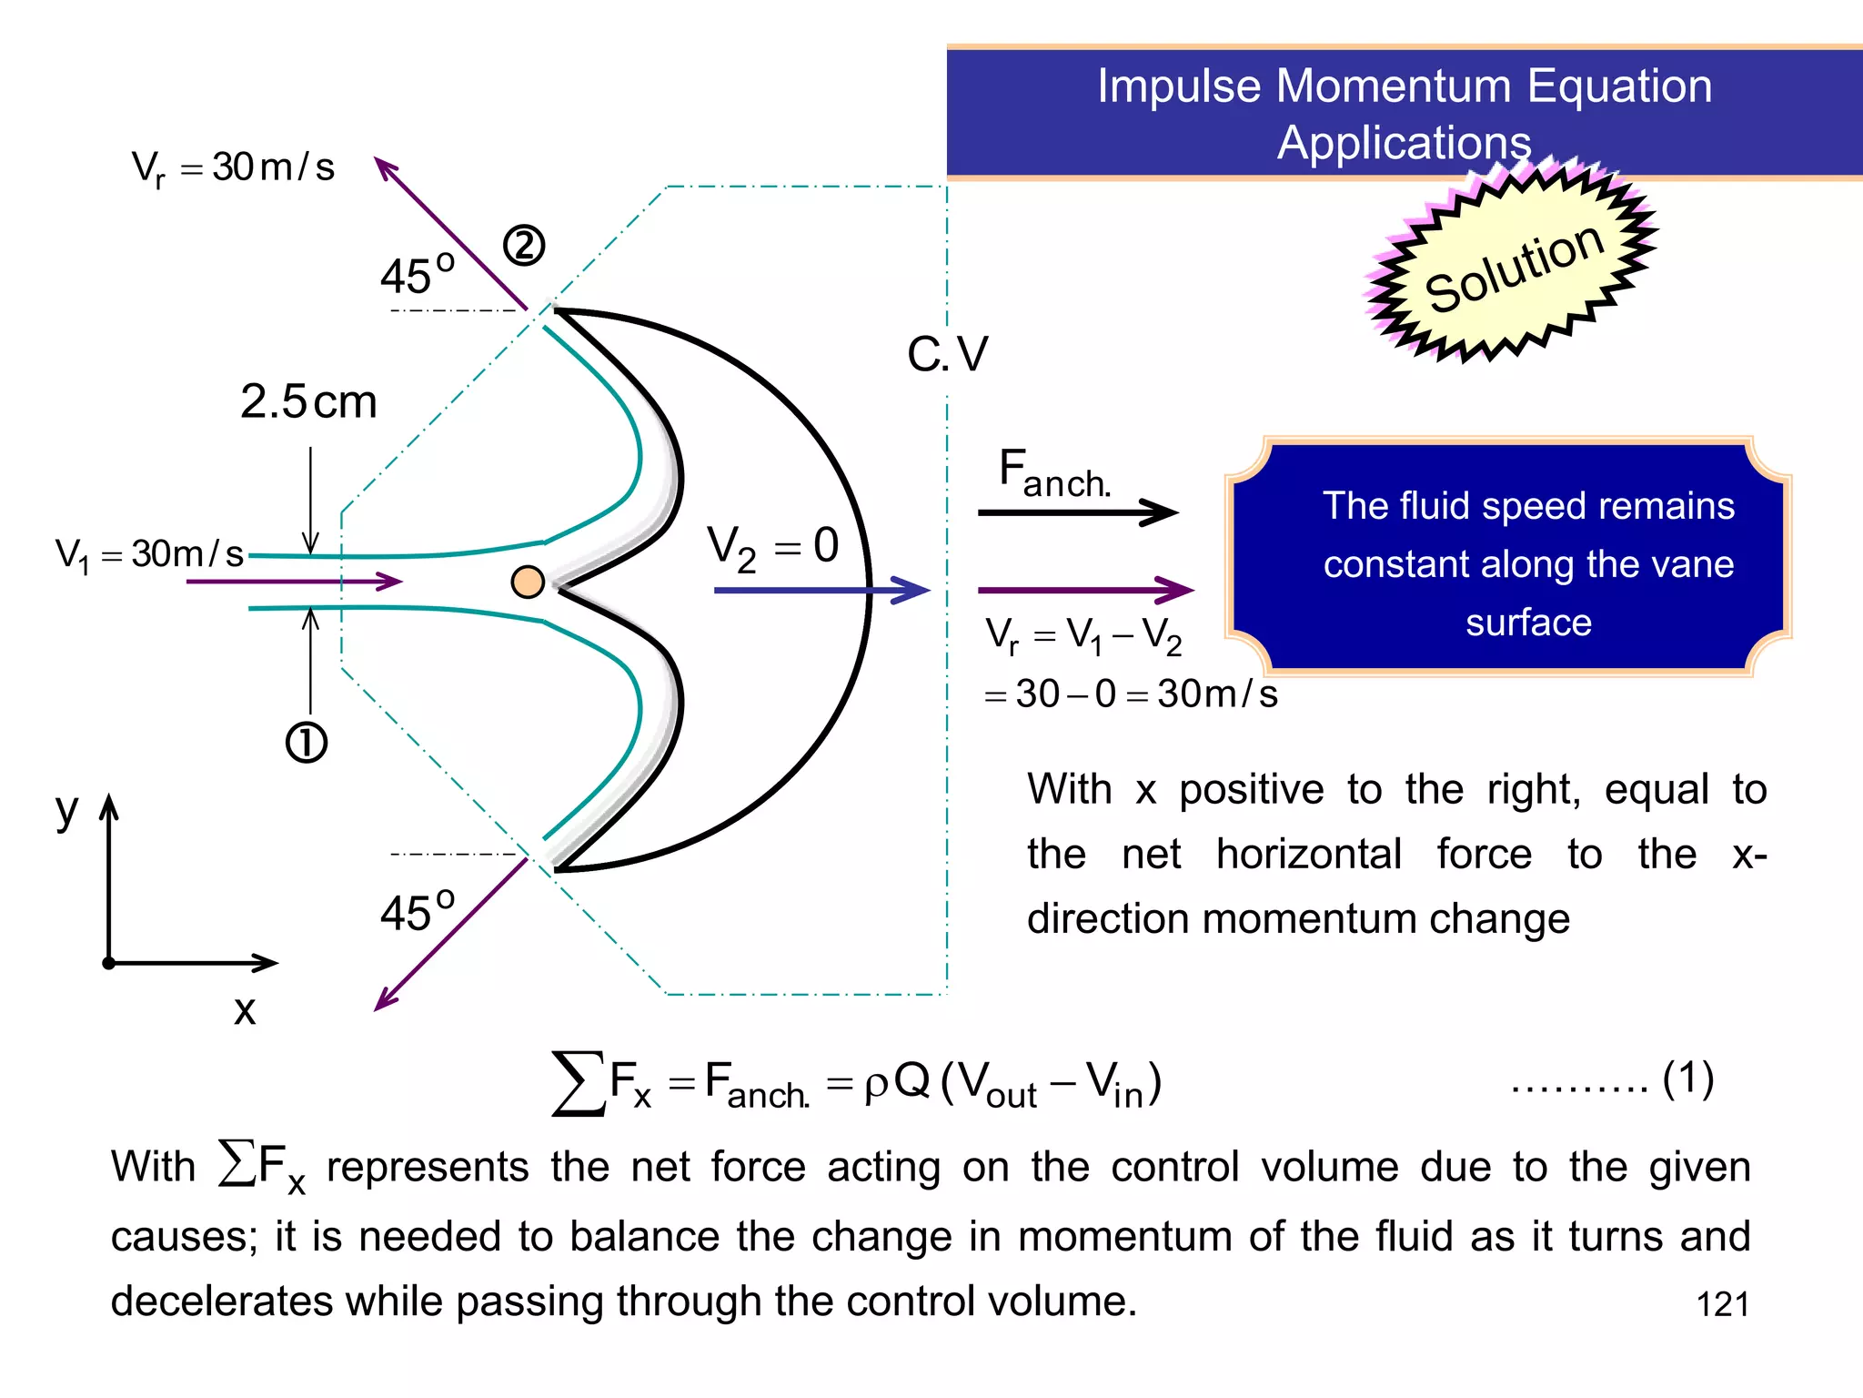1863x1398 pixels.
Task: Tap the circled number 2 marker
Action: pos(524,246)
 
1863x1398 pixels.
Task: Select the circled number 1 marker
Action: pos(307,743)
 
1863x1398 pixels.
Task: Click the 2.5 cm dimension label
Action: pos(308,401)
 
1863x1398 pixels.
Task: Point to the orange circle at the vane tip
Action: pos(528,582)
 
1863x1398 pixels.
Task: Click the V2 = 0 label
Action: pos(773,548)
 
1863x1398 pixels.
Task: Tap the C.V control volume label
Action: pos(947,354)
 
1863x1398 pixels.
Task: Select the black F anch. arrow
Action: pos(1078,512)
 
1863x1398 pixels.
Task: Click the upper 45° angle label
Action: pos(418,274)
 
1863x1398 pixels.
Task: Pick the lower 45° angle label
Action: pos(418,911)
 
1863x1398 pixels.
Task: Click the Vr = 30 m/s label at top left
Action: pos(234,167)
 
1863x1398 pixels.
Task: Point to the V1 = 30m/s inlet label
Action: pos(149,554)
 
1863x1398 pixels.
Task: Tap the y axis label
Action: pos(66,809)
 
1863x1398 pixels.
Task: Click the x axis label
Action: pos(245,1010)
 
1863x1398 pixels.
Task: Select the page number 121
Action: pos(1723,1304)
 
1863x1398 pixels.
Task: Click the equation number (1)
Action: pos(1688,1079)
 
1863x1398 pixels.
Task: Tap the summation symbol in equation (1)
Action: pos(579,1083)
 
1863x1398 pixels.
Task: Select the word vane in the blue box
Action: pos(1697,564)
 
